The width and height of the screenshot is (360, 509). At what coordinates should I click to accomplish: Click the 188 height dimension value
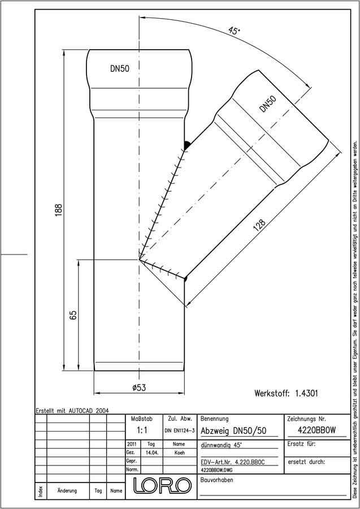coord(58,210)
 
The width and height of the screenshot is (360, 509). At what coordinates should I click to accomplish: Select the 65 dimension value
coord(73,315)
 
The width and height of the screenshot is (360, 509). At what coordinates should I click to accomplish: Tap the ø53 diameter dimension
coord(139,387)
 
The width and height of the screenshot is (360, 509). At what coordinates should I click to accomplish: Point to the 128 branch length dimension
coord(259,226)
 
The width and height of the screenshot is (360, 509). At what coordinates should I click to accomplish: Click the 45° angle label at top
coord(233,31)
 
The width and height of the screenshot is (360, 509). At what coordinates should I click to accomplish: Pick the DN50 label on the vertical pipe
coord(119,69)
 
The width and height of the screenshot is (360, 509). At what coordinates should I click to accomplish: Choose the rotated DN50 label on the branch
coord(268,104)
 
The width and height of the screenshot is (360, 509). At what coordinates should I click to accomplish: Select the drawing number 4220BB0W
coord(316,430)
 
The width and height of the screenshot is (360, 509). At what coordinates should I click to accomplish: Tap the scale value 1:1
coord(142,430)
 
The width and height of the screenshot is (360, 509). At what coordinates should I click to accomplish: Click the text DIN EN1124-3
coord(179,431)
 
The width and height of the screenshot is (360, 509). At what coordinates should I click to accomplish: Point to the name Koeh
coord(179,453)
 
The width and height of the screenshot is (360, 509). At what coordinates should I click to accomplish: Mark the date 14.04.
coord(152,453)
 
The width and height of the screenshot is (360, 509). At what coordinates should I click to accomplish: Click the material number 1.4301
coord(306,394)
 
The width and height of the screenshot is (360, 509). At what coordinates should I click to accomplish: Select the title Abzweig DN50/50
coord(233,431)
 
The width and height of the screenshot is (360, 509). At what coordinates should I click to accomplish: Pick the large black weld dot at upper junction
coord(187,145)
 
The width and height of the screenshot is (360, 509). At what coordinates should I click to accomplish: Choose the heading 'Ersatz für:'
coord(302,444)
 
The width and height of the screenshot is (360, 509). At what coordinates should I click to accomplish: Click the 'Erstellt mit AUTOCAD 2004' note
coord(72,411)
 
